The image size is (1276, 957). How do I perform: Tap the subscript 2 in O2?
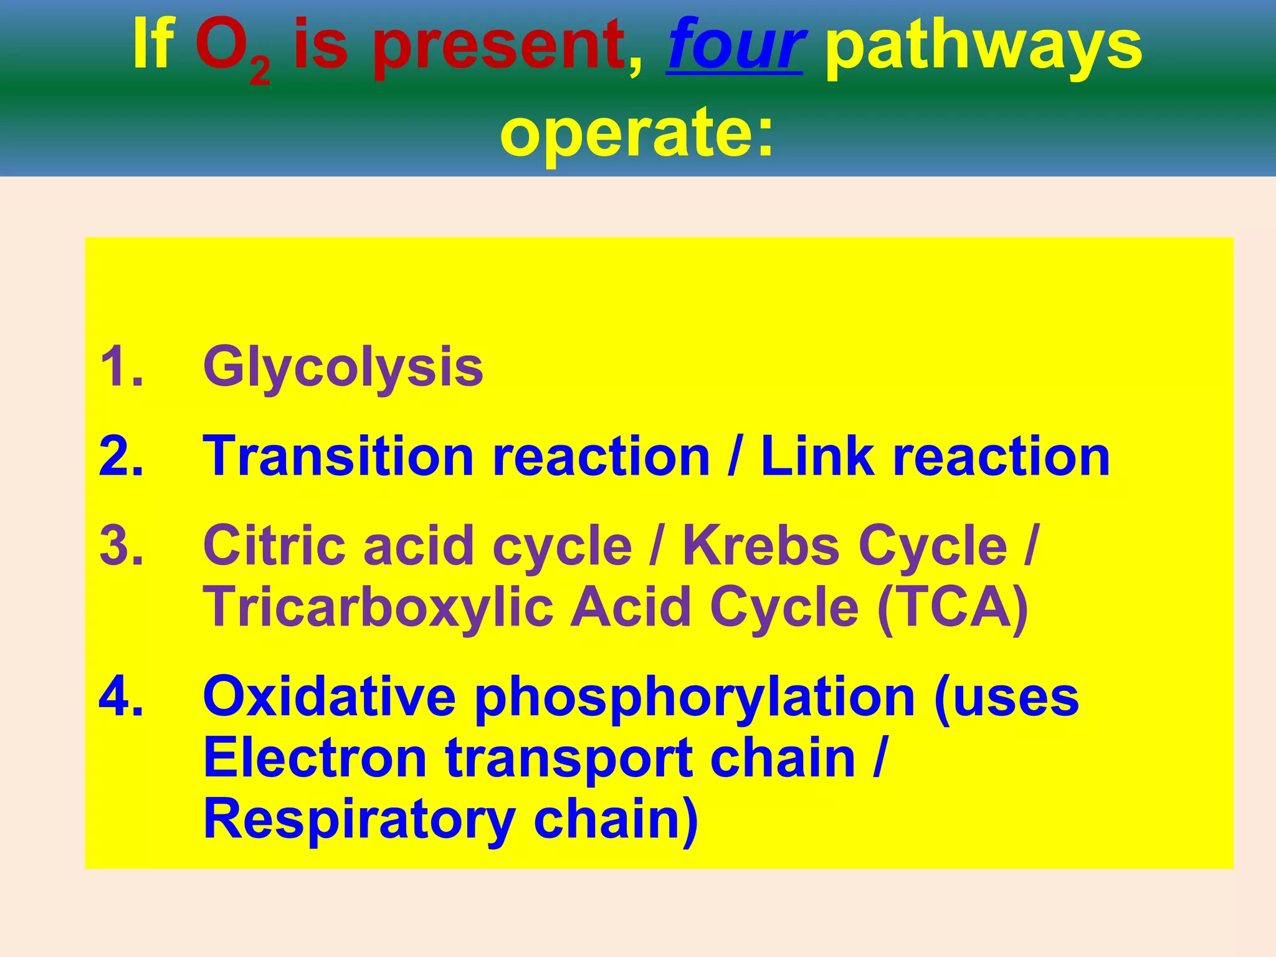(260, 74)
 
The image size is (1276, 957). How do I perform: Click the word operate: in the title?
(637, 132)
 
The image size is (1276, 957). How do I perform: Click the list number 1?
(121, 367)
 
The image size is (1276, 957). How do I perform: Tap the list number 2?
(121, 457)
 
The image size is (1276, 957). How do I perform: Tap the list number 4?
(121, 697)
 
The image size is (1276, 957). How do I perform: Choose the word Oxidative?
(329, 697)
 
